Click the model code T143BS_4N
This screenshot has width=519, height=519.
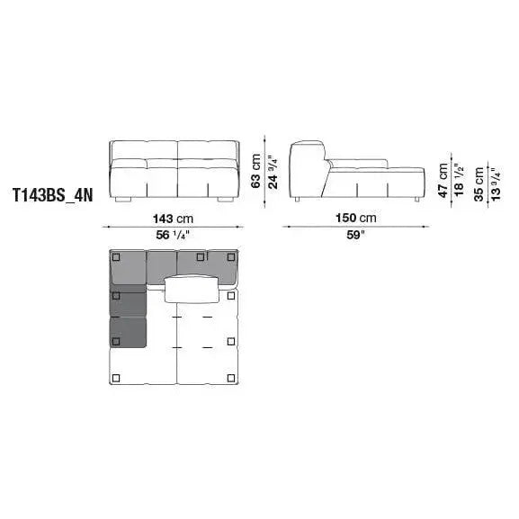coord(53,195)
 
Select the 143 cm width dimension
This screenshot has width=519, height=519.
coord(173,219)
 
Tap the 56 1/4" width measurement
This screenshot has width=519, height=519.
coord(173,235)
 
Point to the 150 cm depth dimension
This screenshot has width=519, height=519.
coord(356,218)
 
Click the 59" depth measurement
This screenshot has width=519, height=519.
coord(355,235)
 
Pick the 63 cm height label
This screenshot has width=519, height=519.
coord(255,171)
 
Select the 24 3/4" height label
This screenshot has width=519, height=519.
coord(273,172)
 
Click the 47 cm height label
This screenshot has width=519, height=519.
coord(443,180)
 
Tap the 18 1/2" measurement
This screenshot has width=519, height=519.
coord(460,180)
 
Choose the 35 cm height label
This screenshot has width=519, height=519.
coord(479,183)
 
